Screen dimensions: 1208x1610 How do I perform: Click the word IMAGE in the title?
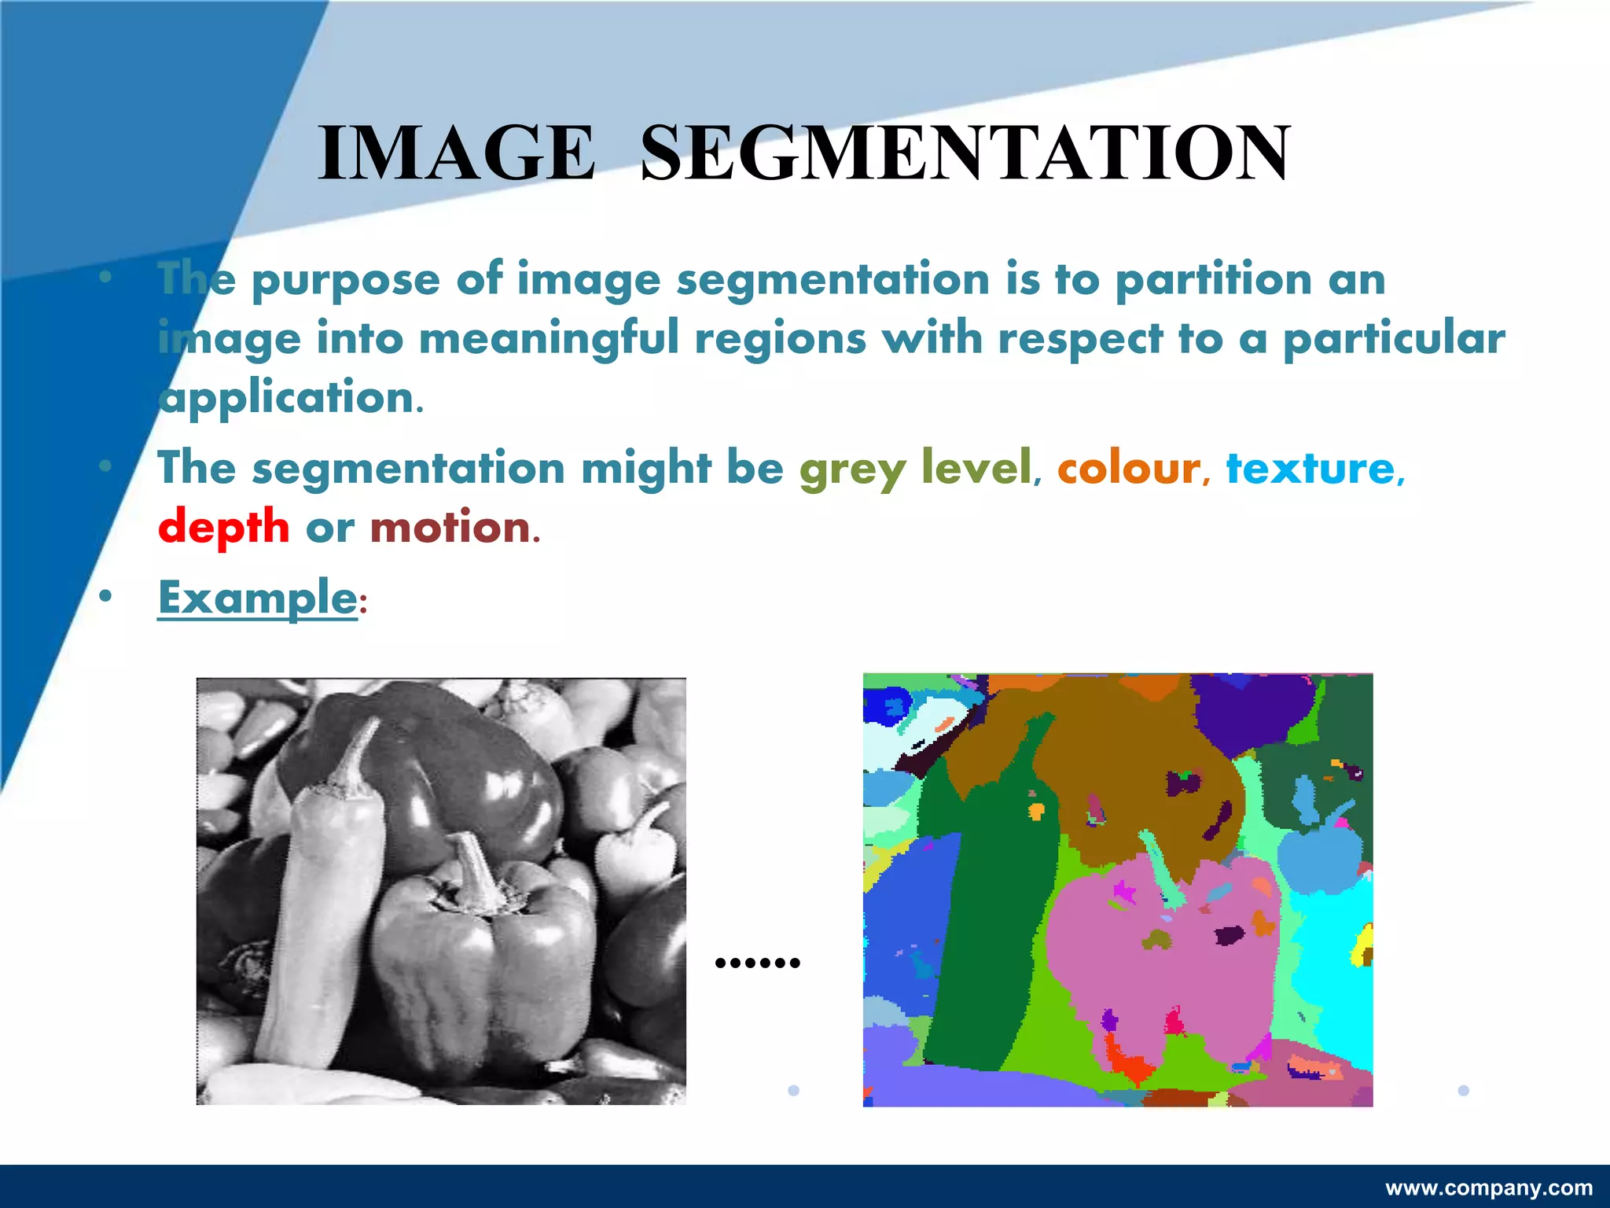456,153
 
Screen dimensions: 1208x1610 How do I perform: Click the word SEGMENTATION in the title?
965,153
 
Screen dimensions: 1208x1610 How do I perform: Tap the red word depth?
224,527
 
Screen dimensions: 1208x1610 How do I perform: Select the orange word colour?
1128,469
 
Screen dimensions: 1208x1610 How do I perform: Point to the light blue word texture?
1310,469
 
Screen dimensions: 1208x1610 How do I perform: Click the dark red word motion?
450,527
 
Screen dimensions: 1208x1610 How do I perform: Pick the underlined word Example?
258,598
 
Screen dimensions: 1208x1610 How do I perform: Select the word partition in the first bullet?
1214,280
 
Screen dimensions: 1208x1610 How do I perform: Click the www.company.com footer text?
1489,1188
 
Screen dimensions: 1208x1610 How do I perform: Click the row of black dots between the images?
758,962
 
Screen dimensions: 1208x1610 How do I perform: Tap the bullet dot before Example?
105,598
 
